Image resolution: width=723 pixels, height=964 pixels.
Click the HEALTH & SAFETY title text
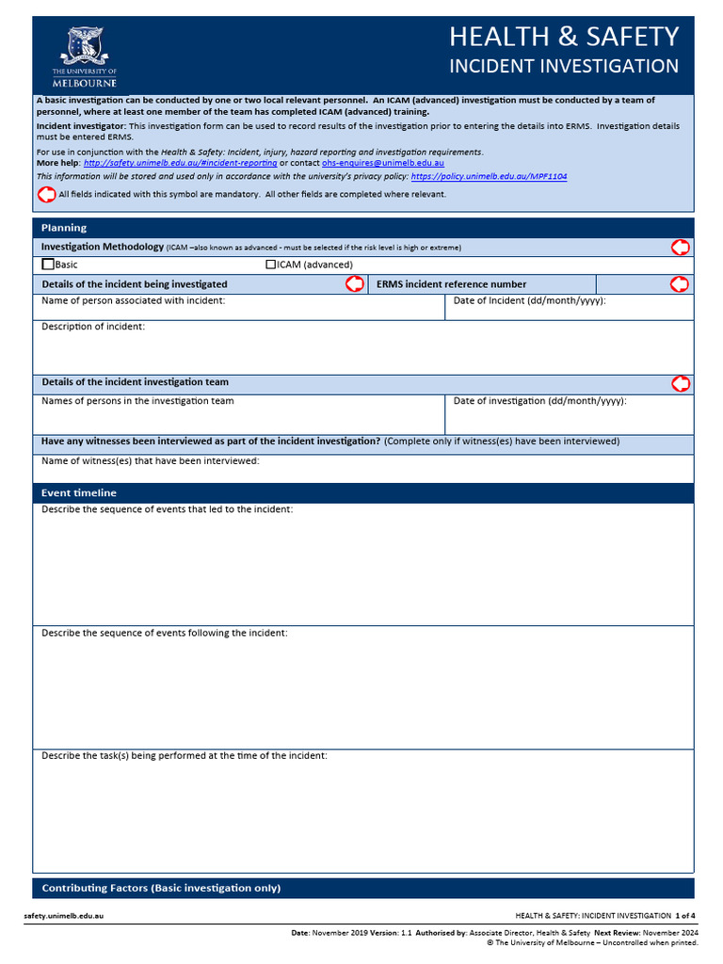click(563, 36)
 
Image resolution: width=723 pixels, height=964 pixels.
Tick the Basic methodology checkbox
click(48, 265)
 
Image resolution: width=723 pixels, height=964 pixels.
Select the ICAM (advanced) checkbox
click(271, 265)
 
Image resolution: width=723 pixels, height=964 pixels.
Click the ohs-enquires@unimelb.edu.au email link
click(382, 163)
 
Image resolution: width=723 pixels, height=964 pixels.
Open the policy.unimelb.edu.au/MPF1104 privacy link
click(489, 176)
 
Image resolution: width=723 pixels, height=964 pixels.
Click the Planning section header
click(64, 228)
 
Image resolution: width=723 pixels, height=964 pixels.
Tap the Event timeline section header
click(79, 493)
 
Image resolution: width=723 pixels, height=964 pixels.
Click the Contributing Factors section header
click(161, 888)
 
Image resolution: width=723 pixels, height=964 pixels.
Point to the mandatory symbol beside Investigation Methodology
click(680, 247)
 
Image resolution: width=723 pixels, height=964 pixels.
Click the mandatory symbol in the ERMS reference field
click(680, 283)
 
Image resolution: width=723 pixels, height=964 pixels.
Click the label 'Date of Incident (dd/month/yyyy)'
click(529, 301)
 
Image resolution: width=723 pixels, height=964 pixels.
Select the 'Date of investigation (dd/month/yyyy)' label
click(539, 401)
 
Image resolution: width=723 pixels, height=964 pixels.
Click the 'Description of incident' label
click(93, 327)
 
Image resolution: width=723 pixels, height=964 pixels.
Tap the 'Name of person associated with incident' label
click(133, 301)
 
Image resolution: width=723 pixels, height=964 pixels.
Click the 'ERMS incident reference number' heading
click(451, 284)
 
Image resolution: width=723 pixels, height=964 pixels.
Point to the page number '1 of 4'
click(684, 915)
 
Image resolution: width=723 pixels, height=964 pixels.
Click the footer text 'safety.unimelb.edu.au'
click(64, 915)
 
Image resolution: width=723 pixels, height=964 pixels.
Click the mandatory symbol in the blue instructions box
click(46, 194)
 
